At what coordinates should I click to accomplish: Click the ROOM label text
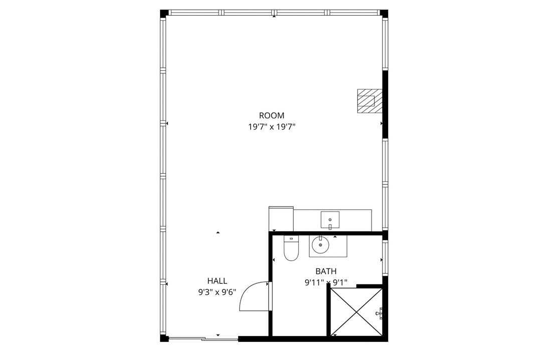pos(272,116)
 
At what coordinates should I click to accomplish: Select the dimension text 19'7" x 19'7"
pos(272,127)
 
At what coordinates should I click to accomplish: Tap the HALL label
pos(217,281)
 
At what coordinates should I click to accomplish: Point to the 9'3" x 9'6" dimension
pos(217,292)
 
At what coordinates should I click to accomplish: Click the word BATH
pos(326,271)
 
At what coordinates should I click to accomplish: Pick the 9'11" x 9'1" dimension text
pos(326,283)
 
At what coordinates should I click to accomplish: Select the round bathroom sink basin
pos(320,245)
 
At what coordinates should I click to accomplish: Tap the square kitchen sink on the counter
pos(330,219)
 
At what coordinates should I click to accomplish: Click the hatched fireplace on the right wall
pos(370,101)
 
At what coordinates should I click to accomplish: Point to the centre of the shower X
pos(356,312)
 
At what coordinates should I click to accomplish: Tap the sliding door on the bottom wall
pos(203,339)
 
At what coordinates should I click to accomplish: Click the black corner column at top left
pos(163,13)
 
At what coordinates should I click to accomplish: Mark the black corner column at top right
pos(384,13)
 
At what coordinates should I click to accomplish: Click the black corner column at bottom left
pos(163,338)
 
